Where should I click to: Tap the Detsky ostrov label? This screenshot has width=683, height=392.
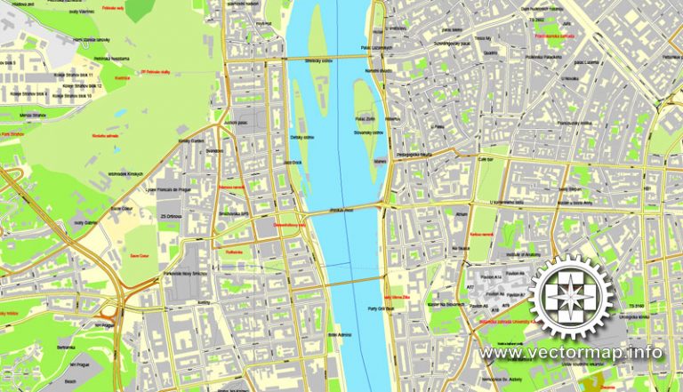tap(302, 138)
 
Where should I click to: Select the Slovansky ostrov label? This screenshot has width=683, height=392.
tap(368, 132)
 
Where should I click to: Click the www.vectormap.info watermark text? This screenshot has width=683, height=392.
tap(572, 353)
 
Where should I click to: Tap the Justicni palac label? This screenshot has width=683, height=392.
tap(236, 122)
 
